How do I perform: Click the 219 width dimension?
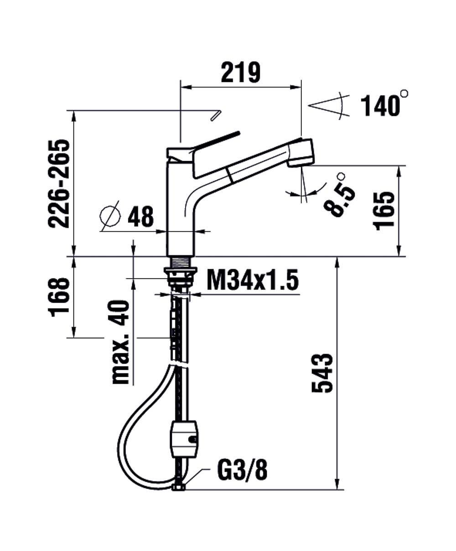click(x=240, y=72)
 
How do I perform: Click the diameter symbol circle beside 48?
click(x=110, y=216)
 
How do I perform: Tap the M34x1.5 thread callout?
click(x=253, y=280)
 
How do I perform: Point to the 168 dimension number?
click(x=59, y=297)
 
